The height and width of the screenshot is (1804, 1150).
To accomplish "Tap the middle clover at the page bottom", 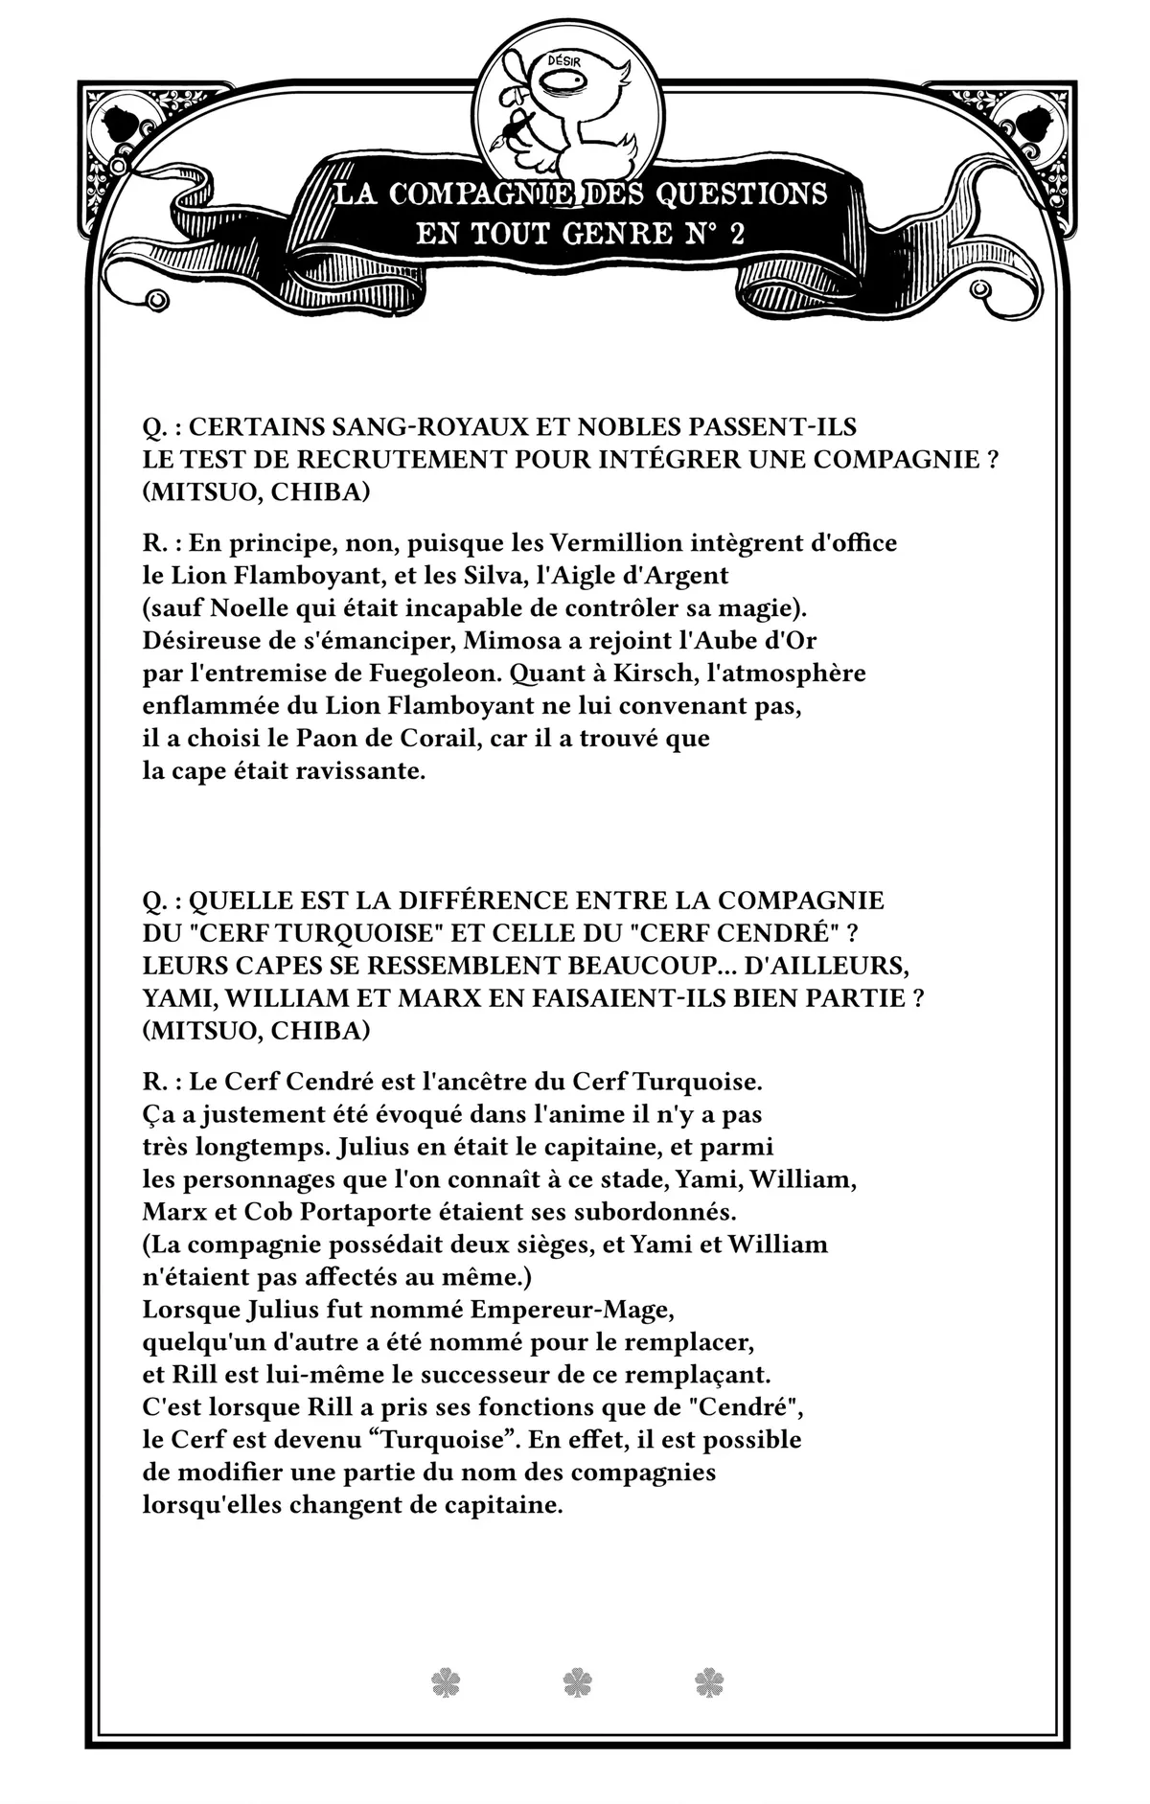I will tap(577, 1682).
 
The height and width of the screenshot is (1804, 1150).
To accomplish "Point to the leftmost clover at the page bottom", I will tap(446, 1682).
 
